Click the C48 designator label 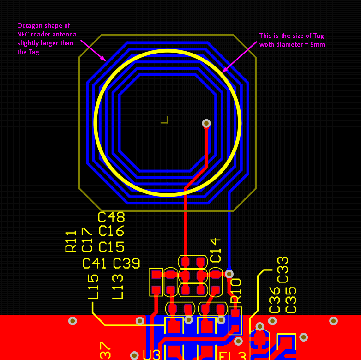click(111, 217)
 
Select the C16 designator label click(111, 231)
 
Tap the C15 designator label click(111, 247)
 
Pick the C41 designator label click(95, 264)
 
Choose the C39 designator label click(126, 264)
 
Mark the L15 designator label click(93, 287)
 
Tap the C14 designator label click(216, 250)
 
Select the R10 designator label click(236, 291)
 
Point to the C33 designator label click(283, 270)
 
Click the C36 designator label click(275, 300)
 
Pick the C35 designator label click(291, 300)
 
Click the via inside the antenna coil click(206, 123)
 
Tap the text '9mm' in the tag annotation click(318, 45)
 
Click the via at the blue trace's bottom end click(229, 274)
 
